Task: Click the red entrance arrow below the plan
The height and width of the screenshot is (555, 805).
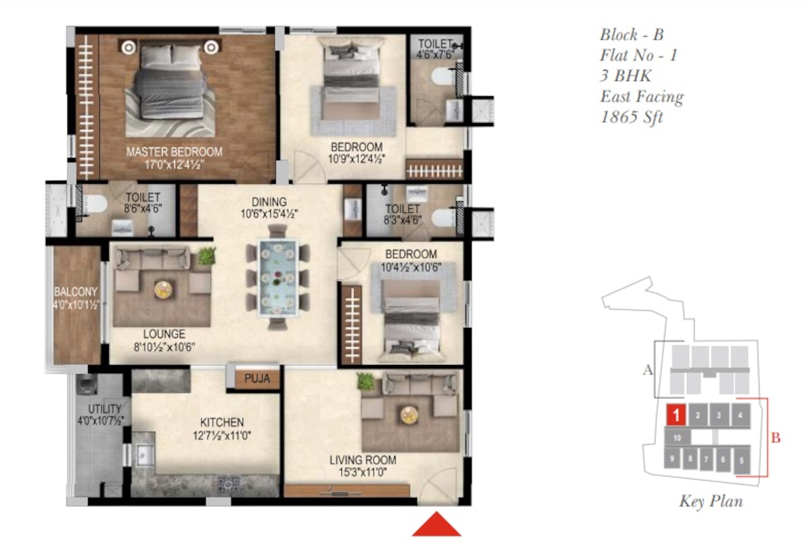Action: (436, 524)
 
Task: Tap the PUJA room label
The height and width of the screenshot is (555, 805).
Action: (257, 378)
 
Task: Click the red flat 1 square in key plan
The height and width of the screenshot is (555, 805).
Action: (676, 415)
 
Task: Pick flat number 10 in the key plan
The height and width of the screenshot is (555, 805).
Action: (677, 438)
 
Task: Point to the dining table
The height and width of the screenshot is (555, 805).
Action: (277, 277)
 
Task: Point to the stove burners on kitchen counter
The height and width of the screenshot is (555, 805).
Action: (228, 484)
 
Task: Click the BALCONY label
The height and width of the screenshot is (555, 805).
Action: (75, 291)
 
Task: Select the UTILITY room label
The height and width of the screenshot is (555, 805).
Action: (104, 409)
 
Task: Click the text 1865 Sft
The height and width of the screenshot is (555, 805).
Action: (632, 117)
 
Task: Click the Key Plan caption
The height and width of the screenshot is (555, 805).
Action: (711, 501)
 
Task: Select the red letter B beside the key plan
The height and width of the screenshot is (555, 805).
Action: (776, 438)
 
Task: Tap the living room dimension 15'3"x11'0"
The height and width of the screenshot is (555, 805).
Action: (363, 472)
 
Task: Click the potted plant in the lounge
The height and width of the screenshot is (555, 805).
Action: (207, 256)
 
